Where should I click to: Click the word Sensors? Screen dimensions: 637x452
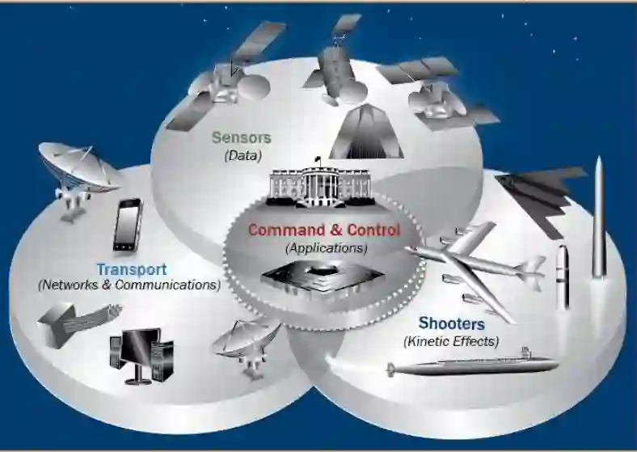[241, 137]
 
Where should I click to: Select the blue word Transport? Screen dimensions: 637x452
[131, 269]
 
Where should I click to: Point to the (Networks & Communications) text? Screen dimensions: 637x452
[129, 285]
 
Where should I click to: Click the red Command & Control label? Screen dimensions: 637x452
[323, 230]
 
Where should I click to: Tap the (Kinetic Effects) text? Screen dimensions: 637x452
[451, 340]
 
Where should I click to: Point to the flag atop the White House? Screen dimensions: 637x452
[318, 158]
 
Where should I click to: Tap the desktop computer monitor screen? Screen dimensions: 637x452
[135, 347]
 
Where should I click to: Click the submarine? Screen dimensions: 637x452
[470, 366]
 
